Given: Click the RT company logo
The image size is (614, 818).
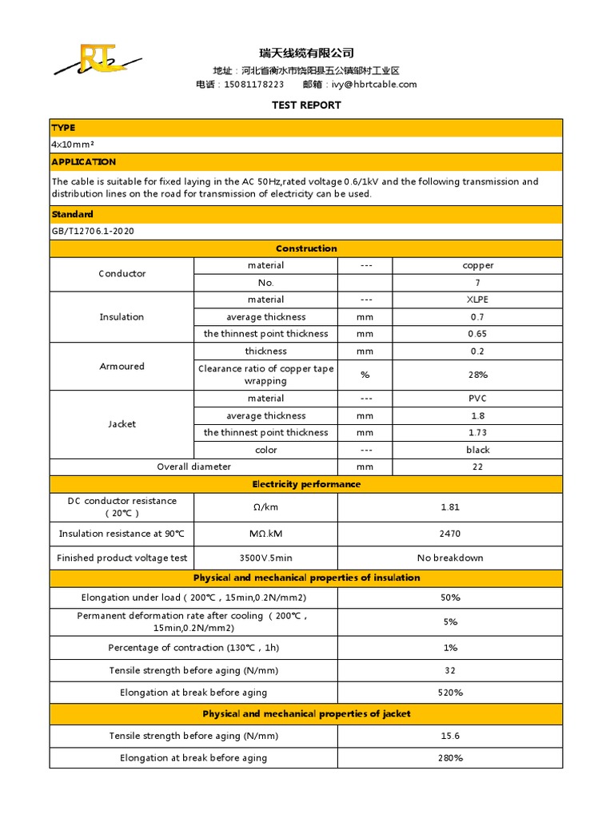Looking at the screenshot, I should point(97,62).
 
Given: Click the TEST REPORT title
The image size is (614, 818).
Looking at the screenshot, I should point(306,105).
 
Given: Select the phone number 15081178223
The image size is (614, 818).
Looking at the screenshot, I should point(254,85).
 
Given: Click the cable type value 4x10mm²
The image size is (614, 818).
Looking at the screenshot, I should point(73,145).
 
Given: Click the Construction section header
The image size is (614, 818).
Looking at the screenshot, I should point(306,248).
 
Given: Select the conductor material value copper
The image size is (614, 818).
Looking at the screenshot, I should point(477,266).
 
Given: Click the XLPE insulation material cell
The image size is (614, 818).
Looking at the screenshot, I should point(477,300).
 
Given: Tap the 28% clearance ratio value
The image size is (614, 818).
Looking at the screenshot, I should point(477,375).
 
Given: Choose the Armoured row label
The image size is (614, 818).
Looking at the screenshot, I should point(122,367).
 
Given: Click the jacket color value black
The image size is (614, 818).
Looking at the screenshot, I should point(477,450).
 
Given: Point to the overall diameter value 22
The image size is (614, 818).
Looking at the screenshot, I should point(477,467).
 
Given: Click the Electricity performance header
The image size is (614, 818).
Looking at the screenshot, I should point(306,484).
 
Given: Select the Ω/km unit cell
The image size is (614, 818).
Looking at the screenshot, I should point(265,507).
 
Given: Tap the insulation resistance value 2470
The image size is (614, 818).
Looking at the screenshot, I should point(450,534).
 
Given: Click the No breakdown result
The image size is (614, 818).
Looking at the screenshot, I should point(450,558).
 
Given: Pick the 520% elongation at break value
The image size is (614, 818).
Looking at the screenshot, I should point(450,693).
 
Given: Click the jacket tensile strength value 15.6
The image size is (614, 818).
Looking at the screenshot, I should point(450,736).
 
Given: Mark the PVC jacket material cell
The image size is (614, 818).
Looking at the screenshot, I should point(477,399).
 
